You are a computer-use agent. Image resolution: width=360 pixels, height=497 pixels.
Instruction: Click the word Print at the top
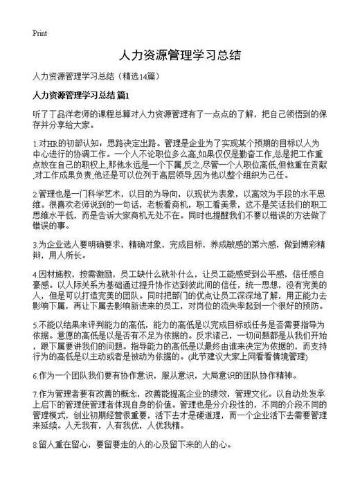[39, 33]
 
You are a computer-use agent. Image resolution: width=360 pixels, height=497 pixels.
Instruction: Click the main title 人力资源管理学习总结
[179, 55]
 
